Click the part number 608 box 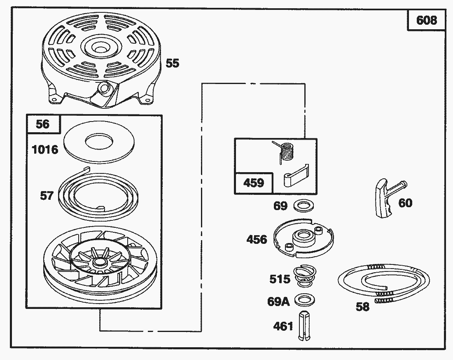tap(426, 20)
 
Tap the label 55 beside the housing tap(173, 63)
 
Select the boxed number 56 tap(43, 124)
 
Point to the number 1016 tap(45, 149)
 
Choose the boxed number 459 tap(253, 182)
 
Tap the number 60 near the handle tap(405, 203)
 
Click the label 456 tap(257, 239)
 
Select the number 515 tap(280, 279)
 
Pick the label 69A tap(278, 302)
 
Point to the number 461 tap(283, 327)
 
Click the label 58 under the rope tap(362, 307)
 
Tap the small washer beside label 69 tap(302, 204)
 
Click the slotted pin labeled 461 tap(304, 325)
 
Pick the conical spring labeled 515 tap(305, 276)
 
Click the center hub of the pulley tap(99, 262)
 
